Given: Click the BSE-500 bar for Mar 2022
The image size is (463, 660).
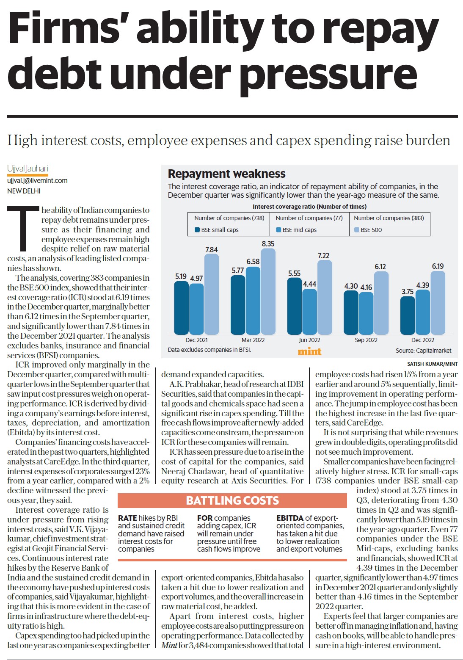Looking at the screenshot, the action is (x=268, y=291).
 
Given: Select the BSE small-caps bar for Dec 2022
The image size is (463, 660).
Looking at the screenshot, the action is (x=407, y=315).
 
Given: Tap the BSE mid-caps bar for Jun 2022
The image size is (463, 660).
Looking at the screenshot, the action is (x=309, y=312).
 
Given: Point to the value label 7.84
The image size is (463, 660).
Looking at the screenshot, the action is (x=212, y=249).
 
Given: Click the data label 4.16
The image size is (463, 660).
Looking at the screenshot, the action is (x=366, y=287).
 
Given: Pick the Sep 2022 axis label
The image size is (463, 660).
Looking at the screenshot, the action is (x=366, y=340).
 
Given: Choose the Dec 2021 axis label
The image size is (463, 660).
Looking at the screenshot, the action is (x=196, y=340).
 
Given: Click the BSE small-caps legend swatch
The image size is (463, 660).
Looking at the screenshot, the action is (x=197, y=229).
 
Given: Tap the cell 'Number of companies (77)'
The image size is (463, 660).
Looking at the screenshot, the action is (x=309, y=218).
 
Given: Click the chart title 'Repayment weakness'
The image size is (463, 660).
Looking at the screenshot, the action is (x=226, y=174).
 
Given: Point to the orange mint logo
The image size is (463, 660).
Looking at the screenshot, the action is (x=309, y=351).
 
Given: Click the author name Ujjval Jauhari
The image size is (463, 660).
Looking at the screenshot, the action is (x=28, y=169).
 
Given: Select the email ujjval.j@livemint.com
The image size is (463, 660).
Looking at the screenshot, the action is (x=37, y=181).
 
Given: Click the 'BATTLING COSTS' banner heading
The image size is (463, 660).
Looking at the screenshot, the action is (x=232, y=500).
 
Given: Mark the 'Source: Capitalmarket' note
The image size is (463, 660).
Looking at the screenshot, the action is (x=424, y=351).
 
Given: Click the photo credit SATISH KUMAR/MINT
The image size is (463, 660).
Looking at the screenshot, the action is (x=433, y=364).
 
